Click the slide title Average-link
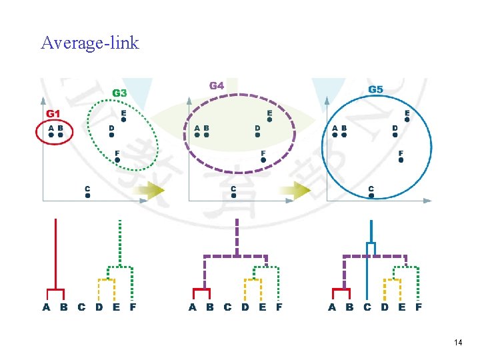click(89, 43)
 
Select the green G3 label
click(119, 93)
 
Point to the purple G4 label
click(217, 85)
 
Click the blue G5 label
click(375, 89)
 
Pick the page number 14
click(457, 343)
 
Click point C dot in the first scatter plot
click(87, 196)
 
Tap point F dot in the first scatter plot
click(117, 160)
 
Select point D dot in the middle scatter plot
click(257, 134)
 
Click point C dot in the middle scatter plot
click(233, 196)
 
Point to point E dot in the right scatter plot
click(407, 120)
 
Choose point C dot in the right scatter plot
click(371, 195)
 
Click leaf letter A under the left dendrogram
click(46, 307)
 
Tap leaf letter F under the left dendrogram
click(133, 307)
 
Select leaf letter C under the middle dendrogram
click(227, 307)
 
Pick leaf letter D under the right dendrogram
click(385, 307)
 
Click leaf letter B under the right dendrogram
click(350, 307)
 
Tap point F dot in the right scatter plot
click(401, 160)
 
